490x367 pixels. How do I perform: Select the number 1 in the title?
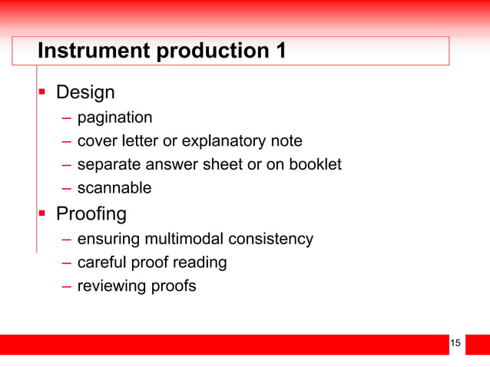pyautogui.click(x=280, y=51)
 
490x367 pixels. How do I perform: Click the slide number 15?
pyautogui.click(x=455, y=342)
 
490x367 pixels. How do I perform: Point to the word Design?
pyautogui.click(x=86, y=93)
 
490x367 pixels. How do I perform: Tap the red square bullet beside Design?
pyautogui.click(x=43, y=93)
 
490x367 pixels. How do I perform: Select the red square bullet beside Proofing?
pyautogui.click(x=43, y=213)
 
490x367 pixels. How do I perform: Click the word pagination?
pyautogui.click(x=114, y=117)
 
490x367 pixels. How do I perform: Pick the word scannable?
pyautogui.click(x=114, y=188)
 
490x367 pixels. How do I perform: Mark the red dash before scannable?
pyautogui.click(x=68, y=188)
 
